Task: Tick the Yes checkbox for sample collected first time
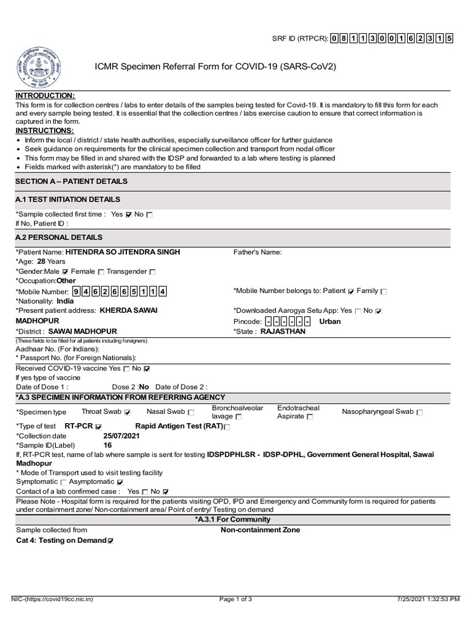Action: [x=128, y=215]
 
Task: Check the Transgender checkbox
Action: [x=153, y=271]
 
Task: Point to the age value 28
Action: [x=42, y=261]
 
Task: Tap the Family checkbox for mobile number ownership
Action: [x=384, y=291]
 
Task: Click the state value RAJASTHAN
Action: [x=283, y=331]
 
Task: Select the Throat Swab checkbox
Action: [x=128, y=412]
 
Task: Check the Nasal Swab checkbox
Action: [x=191, y=412]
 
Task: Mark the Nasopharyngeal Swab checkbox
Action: [x=419, y=412]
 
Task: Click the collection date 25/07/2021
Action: [x=122, y=435]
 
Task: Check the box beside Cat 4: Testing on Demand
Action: [x=110, y=541]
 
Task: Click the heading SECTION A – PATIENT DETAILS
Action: [x=72, y=182]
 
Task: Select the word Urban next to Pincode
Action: [x=330, y=321]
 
